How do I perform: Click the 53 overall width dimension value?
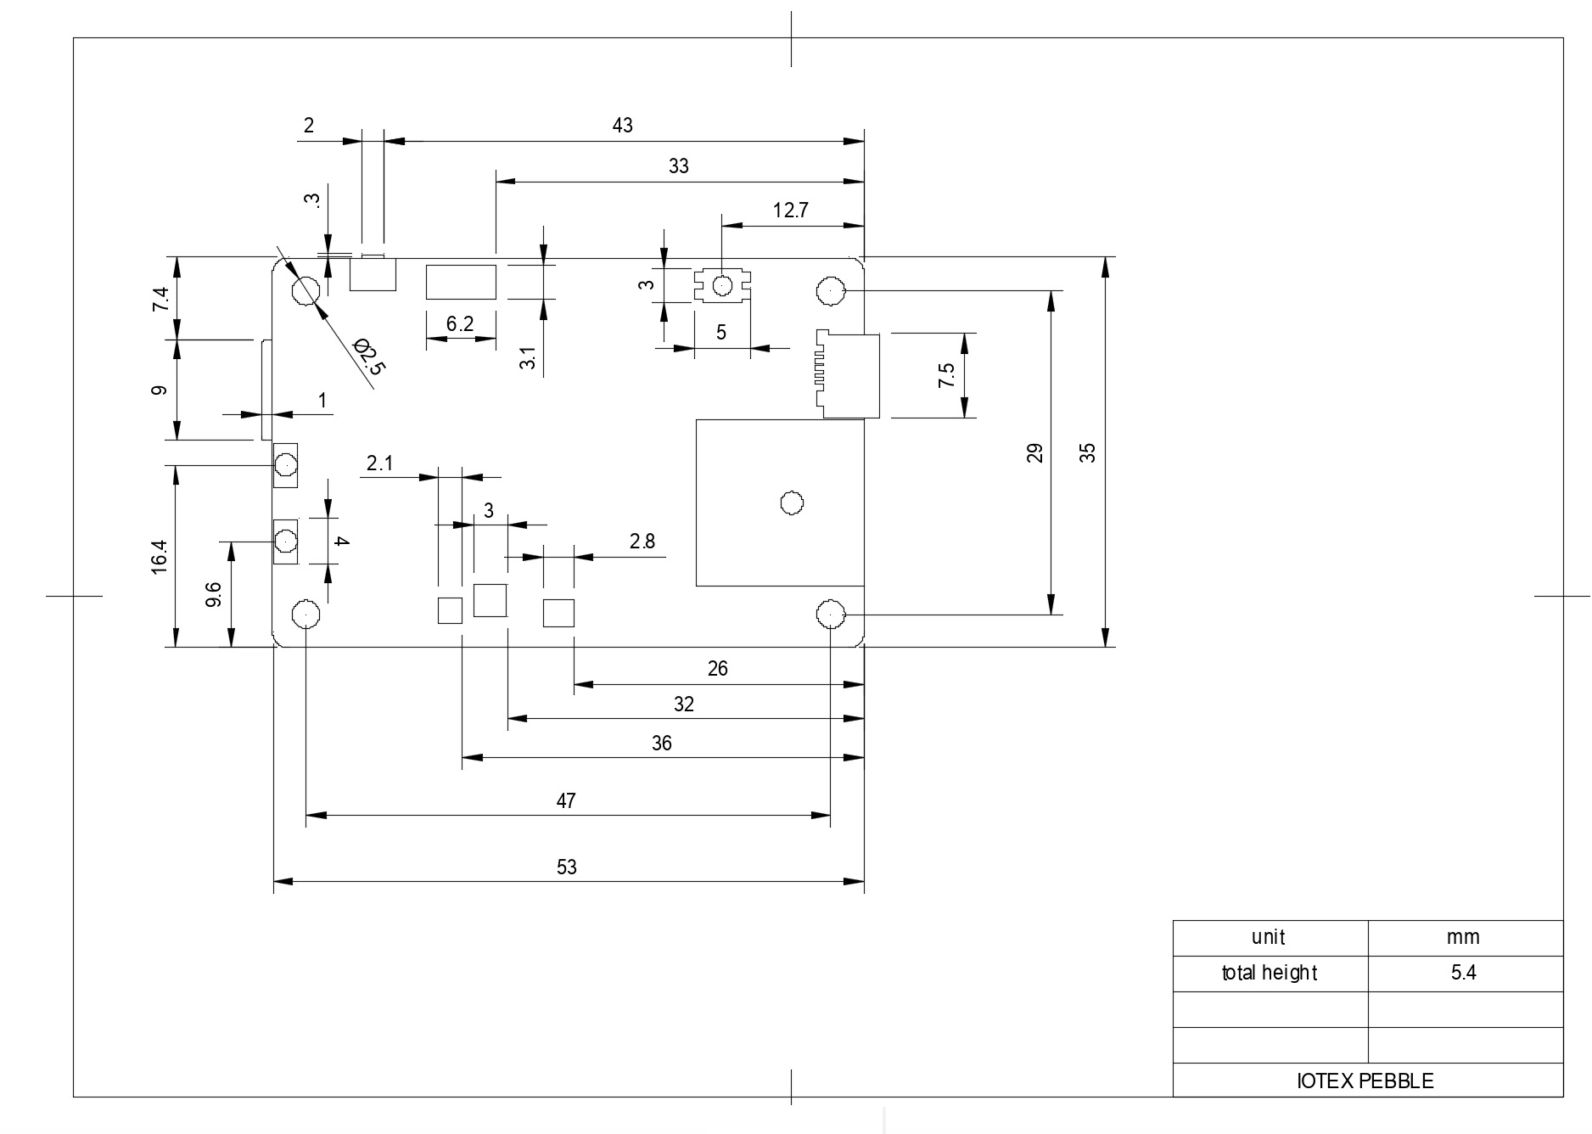[567, 867]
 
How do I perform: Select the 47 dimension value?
[566, 800]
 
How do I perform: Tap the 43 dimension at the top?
[622, 126]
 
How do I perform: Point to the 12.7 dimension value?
[790, 210]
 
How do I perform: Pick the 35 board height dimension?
[1088, 452]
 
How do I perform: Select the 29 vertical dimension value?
[1034, 452]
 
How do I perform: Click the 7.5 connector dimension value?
[946, 375]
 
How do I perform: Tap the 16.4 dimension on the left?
[160, 557]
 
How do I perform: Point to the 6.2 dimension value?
[459, 323]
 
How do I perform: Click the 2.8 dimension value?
[642, 542]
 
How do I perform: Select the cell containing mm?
[1464, 937]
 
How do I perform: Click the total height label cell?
[1270, 973]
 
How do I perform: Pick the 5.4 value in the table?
[1464, 973]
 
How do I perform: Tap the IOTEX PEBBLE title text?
[1365, 1081]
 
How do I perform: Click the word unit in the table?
[1269, 937]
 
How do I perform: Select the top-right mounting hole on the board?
[831, 291]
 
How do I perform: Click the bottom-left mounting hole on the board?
[306, 613]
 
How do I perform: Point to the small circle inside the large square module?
[791, 503]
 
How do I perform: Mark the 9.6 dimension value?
[214, 594]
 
